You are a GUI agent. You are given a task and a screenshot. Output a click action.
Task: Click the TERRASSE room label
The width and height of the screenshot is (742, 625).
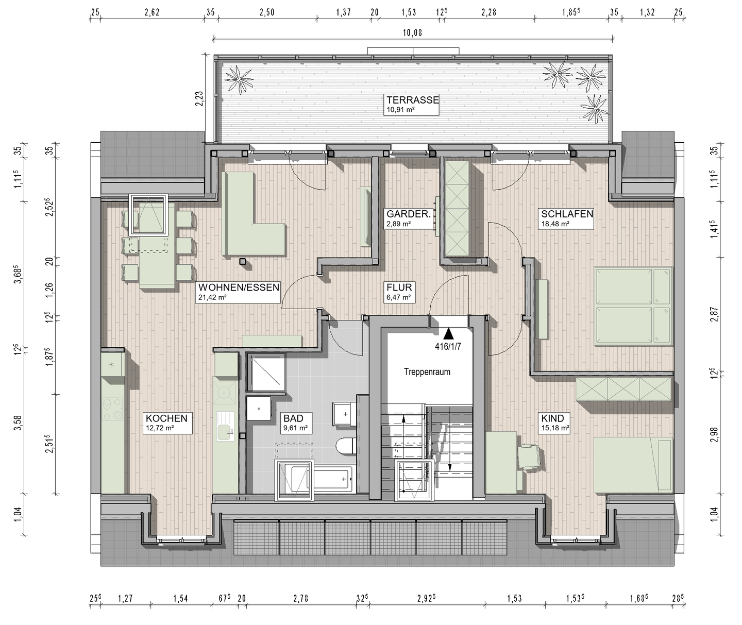pyautogui.click(x=412, y=100)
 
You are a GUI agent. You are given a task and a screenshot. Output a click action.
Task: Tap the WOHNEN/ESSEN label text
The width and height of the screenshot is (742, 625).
pyautogui.click(x=239, y=288)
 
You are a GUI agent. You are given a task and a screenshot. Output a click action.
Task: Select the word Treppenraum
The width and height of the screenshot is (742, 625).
pyautogui.click(x=427, y=372)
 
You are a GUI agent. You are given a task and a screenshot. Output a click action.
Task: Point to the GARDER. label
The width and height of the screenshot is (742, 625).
pyautogui.click(x=408, y=214)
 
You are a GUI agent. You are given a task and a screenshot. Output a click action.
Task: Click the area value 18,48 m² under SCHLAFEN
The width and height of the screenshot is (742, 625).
pyautogui.click(x=554, y=224)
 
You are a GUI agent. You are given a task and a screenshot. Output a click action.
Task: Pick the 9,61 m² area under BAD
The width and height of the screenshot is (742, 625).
pyautogui.click(x=295, y=428)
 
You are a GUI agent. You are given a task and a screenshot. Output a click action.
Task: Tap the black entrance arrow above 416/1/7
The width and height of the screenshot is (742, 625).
pyautogui.click(x=448, y=334)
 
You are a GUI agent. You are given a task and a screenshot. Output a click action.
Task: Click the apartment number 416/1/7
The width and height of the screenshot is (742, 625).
pyautogui.click(x=448, y=347)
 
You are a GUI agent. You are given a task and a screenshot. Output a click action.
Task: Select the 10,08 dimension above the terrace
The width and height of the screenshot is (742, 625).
pyautogui.click(x=412, y=33)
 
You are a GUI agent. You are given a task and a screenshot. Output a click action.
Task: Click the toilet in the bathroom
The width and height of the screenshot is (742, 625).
pyautogui.click(x=346, y=446)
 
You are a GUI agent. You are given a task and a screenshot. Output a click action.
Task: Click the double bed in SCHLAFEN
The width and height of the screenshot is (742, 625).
pyautogui.click(x=633, y=306)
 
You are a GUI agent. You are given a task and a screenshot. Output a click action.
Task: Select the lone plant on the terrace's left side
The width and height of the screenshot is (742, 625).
pyautogui.click(x=239, y=78)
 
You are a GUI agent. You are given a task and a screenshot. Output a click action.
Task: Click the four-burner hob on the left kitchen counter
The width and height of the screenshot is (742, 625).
pyautogui.click(x=113, y=409)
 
